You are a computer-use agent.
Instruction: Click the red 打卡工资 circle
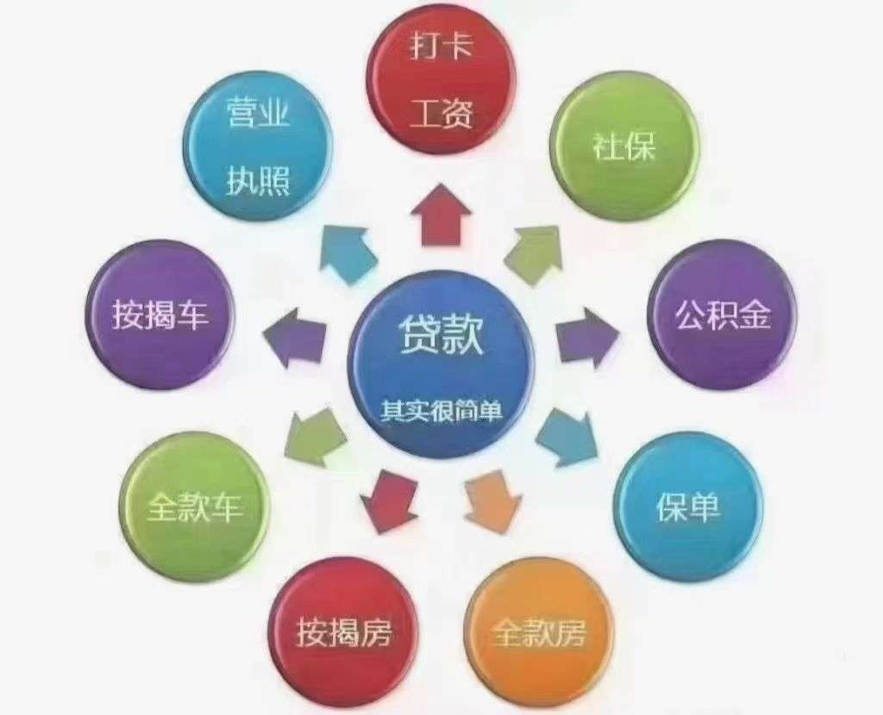441,84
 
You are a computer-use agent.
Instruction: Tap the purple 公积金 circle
723,315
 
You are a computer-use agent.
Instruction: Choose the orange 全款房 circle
539,632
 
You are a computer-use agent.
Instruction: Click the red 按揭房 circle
343,632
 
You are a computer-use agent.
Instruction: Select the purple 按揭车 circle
160,315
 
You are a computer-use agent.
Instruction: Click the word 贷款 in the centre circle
441,335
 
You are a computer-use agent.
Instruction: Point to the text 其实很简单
441,411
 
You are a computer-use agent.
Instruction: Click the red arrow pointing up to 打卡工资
441,214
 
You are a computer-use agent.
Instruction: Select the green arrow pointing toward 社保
533,254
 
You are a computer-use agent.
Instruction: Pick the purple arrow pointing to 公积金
587,338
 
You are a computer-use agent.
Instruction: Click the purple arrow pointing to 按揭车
295,338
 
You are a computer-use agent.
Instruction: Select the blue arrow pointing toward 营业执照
348,254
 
